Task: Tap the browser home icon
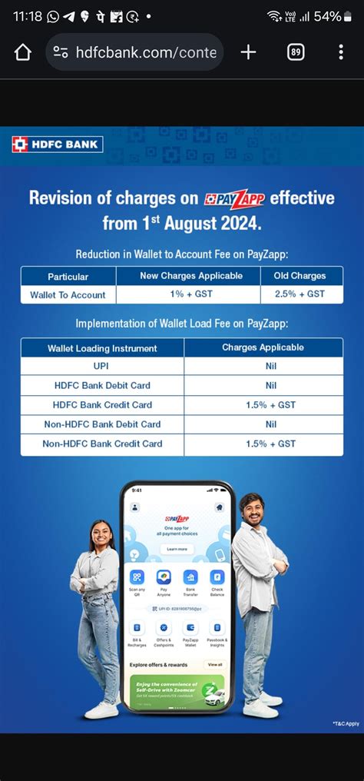(23, 52)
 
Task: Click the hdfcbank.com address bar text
(146, 52)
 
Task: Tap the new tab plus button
(248, 52)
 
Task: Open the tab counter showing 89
(296, 52)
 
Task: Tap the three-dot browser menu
(341, 52)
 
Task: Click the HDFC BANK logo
(58, 144)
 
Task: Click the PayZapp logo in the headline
(234, 199)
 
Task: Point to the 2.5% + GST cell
(299, 294)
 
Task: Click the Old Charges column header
(299, 276)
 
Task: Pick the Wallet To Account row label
(68, 295)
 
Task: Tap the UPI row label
(101, 367)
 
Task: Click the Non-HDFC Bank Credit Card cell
(102, 444)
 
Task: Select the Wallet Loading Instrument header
(102, 348)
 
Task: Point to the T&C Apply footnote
(346, 723)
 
